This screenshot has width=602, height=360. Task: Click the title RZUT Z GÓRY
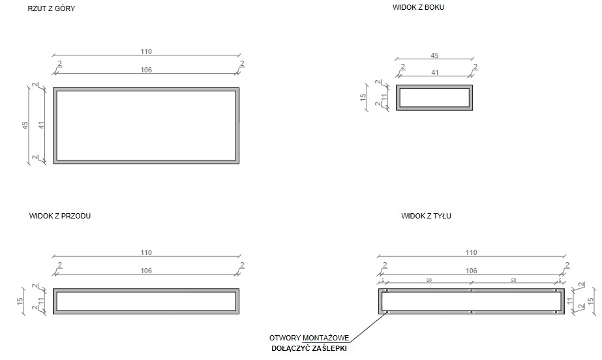pos(52,8)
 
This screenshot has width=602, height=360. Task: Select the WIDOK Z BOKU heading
pos(418,7)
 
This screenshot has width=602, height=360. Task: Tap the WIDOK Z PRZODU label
pos(60,216)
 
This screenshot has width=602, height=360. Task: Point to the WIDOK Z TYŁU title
pos(426,216)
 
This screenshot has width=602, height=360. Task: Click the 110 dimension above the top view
pos(146,52)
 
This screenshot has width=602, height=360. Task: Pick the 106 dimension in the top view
pos(146,70)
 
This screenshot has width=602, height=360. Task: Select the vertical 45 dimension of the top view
pos(25,125)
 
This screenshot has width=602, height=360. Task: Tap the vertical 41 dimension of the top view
pos(42,125)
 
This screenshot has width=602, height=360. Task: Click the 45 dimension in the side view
pos(434,55)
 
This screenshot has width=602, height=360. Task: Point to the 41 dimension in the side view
pos(434,72)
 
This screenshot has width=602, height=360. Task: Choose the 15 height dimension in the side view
pos(363,97)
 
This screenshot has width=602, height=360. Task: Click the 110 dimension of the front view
pos(146,252)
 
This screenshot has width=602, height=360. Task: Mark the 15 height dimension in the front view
pos(20,302)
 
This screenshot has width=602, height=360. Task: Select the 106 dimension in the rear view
pos(472,271)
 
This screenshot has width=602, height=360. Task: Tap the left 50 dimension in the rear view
pos(429,280)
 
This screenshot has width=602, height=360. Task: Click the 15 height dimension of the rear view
pos(591,301)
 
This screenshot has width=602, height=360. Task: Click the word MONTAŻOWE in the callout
pos(326,338)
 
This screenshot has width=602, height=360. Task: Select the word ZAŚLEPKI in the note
pos(329,348)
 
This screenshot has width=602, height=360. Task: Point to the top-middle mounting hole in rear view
pos(472,290)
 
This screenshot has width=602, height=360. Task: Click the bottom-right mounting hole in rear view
pos(556,312)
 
